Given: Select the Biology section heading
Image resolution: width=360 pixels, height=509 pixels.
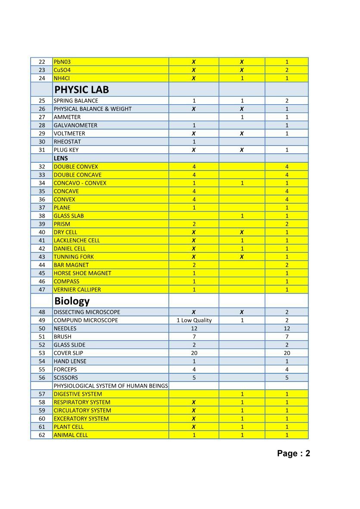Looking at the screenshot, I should coord(72,301).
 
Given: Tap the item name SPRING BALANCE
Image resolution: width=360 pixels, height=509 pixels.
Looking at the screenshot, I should coord(76,101).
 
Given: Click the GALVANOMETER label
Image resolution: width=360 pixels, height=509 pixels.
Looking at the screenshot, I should coord(75,125).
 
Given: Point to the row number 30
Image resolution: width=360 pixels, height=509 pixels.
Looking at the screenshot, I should coord(42,142).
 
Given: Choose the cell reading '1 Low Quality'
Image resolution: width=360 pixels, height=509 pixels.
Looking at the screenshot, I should coord(194,320).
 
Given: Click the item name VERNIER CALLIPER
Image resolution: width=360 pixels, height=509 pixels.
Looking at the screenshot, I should coord(77,290).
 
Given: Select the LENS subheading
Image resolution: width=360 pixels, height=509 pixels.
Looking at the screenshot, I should coord(61,158).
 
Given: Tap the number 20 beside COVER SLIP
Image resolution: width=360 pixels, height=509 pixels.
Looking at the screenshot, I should coord(194,353).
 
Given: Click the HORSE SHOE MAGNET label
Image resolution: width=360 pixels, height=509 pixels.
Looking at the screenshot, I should coord(82,273).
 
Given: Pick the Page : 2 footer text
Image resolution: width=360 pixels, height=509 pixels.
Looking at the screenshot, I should coord(294,453).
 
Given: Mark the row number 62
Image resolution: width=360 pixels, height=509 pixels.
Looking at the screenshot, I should coord(42,435).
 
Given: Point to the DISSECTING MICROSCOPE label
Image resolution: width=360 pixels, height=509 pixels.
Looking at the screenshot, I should coord(87,312).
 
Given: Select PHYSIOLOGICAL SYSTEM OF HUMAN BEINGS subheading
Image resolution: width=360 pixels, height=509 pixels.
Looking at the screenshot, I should coord(111,386).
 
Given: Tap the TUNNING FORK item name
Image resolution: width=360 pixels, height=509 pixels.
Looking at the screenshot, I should coord(74,257).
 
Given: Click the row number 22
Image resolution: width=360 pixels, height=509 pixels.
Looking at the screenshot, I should coord(42,62).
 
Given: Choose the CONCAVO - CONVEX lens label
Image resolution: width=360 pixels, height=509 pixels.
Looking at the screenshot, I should coord(80,183).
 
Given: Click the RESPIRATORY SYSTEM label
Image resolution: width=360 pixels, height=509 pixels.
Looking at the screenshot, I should coord(82,402).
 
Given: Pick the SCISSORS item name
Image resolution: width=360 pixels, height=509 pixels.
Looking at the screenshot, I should coord(66,378).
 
